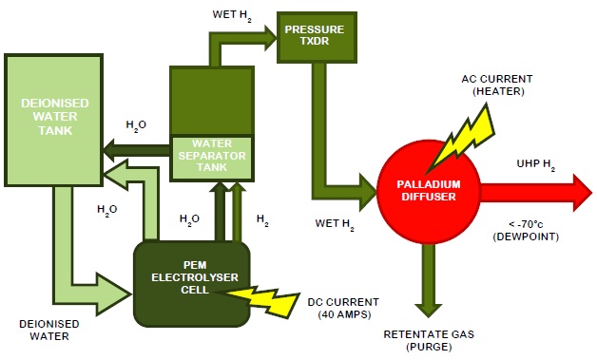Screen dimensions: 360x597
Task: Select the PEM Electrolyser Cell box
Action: [x=193, y=276]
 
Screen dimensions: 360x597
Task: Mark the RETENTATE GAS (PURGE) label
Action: [x=426, y=340]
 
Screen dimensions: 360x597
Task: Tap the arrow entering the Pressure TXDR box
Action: [x=243, y=39]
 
